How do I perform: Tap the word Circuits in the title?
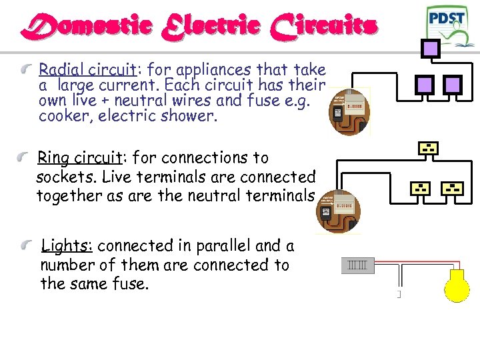[323, 27]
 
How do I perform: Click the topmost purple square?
[431, 48]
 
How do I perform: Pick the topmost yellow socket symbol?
[428, 148]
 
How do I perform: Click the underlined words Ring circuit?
[78, 158]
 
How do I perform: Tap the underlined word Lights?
[66, 246]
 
